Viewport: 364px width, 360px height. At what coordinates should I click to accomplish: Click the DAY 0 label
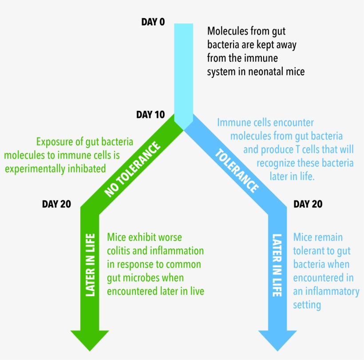tap(153, 22)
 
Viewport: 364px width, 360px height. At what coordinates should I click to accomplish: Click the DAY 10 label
tap(150, 115)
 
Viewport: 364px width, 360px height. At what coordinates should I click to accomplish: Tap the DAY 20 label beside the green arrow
tap(56, 204)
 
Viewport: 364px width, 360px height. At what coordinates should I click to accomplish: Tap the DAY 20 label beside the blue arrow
tap(308, 204)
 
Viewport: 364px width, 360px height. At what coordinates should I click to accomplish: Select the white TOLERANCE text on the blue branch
tap(237, 171)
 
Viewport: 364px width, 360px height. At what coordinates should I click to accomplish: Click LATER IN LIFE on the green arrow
tap(90, 264)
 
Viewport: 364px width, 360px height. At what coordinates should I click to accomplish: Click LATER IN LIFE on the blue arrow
tap(277, 265)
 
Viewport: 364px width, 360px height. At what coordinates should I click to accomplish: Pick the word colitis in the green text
tap(120, 251)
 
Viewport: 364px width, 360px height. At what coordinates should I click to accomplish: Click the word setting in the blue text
tap(307, 305)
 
